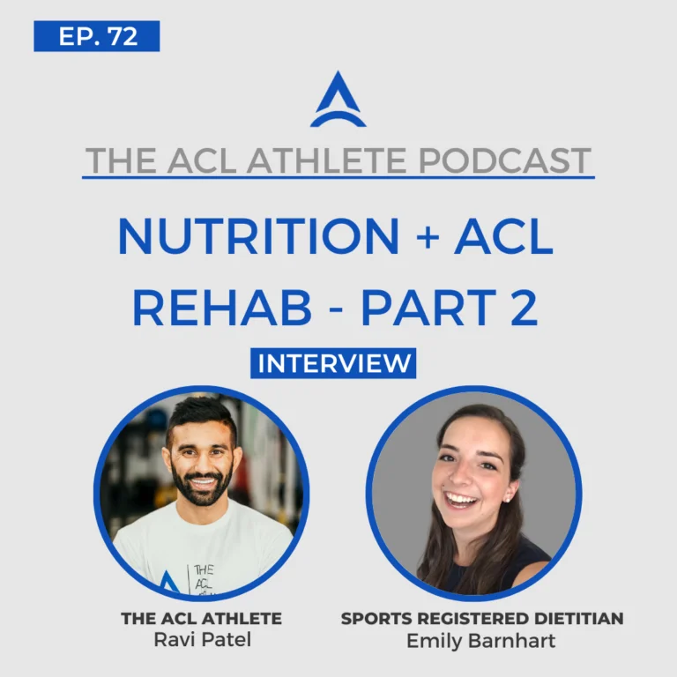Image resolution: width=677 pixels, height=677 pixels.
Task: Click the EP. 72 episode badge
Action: tap(97, 36)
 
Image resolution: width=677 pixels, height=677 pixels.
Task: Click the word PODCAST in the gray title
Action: tap(504, 160)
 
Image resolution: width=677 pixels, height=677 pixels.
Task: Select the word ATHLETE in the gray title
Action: tap(326, 160)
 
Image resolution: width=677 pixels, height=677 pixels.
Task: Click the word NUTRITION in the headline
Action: tap(258, 236)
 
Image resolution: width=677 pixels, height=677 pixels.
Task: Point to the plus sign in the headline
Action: tap(428, 236)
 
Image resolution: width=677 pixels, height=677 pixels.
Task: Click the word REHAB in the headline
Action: tap(222, 308)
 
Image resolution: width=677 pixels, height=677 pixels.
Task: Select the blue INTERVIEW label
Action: tap(333, 363)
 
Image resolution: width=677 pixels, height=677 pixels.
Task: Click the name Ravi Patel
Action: tap(203, 639)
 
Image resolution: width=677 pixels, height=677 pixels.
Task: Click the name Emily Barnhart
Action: tap(481, 641)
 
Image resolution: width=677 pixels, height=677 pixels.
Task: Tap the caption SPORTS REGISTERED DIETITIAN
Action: tap(482, 618)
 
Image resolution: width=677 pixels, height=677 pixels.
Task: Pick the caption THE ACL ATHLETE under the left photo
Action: tap(201, 618)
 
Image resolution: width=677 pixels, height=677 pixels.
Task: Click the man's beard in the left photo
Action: tap(201, 490)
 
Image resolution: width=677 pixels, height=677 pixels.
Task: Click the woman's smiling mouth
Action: tap(462, 501)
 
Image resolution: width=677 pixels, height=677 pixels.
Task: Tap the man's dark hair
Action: tap(201, 417)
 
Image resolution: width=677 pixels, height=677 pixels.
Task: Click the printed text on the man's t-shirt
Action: tap(204, 578)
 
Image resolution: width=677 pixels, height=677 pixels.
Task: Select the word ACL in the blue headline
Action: tap(503, 236)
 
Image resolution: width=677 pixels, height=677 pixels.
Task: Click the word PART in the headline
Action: tap(428, 308)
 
